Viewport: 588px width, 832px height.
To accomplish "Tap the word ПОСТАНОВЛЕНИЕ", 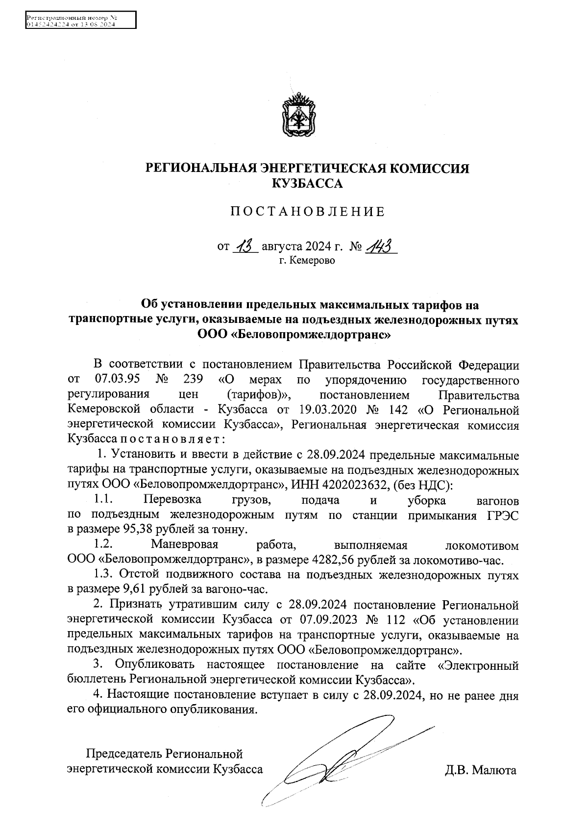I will click(308, 212).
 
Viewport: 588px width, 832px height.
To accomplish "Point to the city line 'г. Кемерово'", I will click(307, 261).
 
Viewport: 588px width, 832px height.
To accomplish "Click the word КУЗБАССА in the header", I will click(307, 184).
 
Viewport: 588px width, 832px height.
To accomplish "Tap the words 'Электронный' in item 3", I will click(478, 665).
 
